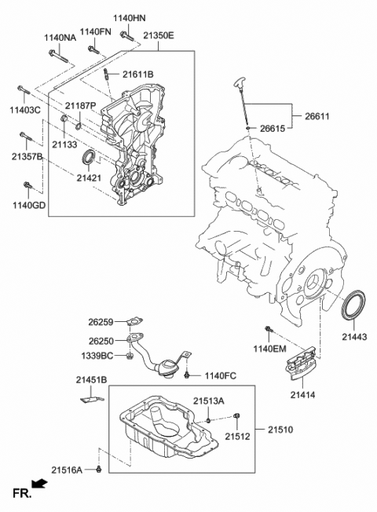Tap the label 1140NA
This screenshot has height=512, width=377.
point(60,37)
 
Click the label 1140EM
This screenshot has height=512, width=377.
point(270,348)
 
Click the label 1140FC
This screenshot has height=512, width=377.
point(221,376)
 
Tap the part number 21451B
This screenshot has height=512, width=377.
point(91,380)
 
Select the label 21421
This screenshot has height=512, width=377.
point(90,178)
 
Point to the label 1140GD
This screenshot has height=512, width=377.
point(29,206)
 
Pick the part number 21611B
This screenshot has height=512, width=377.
point(137,74)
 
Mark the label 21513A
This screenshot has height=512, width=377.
point(210,400)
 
